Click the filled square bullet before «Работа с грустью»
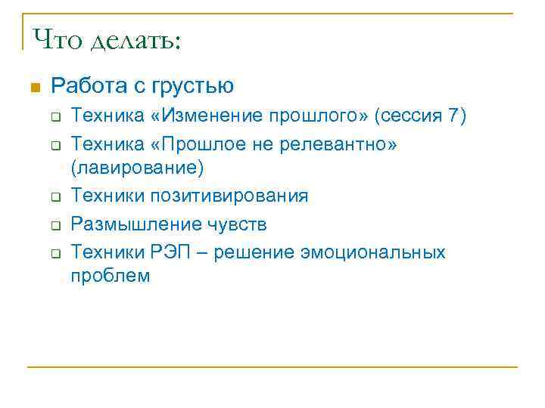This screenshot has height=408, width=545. pyautogui.click(x=33, y=88)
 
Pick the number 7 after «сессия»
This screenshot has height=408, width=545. pyautogui.click(x=453, y=116)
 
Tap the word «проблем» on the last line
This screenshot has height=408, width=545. pyautogui.click(x=111, y=277)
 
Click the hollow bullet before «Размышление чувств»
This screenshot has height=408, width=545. pyautogui.click(x=55, y=224)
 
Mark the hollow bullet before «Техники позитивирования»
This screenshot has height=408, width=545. pyautogui.click(x=55, y=197)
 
